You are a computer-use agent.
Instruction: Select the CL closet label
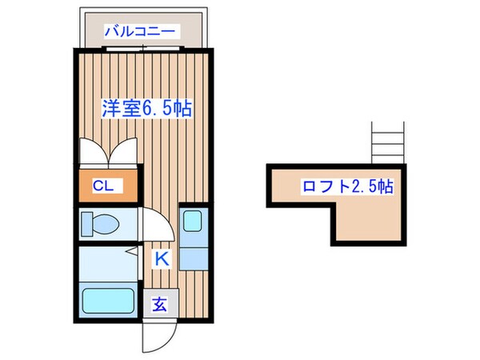coord(103,186)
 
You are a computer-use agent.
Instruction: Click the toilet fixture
coord(102,224)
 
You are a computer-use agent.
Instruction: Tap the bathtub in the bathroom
coord(108,301)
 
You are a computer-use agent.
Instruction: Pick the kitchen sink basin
coord(192,222)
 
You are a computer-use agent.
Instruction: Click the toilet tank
coord(86,224)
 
